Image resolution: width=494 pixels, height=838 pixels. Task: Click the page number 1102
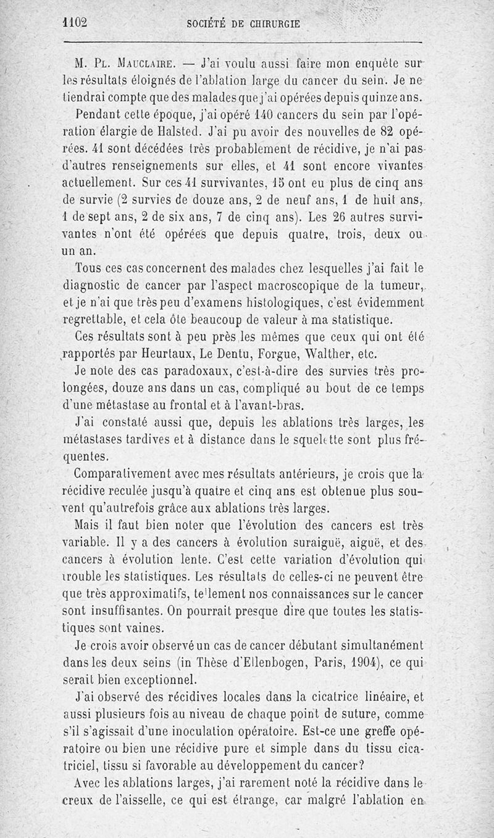[x=76, y=23]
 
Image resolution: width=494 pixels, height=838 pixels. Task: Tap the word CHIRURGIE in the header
[x=272, y=24]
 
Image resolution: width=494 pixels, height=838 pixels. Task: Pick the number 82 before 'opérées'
[x=371, y=131]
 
